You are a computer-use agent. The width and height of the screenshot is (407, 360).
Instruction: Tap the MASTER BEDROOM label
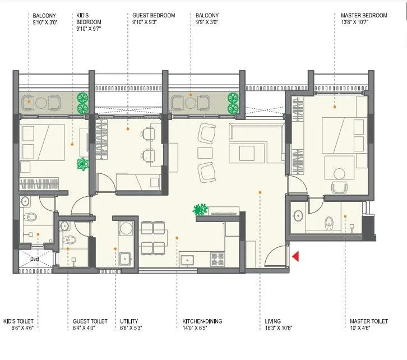click(x=364, y=16)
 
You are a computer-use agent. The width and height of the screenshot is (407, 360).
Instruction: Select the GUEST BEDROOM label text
click(x=154, y=16)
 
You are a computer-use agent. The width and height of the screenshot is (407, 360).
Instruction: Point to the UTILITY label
click(x=129, y=321)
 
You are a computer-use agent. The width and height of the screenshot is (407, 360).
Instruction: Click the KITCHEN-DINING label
click(x=202, y=321)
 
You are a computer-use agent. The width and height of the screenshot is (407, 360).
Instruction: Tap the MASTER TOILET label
click(x=364, y=321)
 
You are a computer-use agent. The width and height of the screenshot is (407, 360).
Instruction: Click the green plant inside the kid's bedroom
click(x=83, y=164)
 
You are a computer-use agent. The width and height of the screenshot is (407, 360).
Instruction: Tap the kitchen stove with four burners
click(x=216, y=259)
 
